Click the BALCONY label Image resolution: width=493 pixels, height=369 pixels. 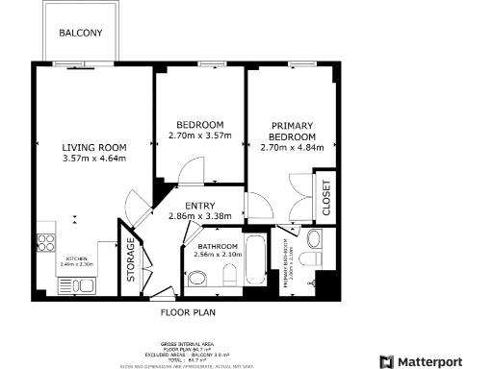click(x=81, y=33)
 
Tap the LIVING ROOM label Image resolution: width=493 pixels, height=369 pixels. click(x=93, y=145)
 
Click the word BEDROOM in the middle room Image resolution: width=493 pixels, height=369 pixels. click(x=200, y=125)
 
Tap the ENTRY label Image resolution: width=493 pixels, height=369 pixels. click(x=200, y=206)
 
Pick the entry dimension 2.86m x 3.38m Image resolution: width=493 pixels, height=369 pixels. click(x=200, y=216)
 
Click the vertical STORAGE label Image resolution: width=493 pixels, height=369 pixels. click(x=132, y=260)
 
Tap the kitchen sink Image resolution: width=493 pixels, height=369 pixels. click(x=73, y=285)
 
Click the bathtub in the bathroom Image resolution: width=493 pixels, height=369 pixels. click(x=256, y=259)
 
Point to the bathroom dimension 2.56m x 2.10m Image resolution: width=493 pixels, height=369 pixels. click(x=219, y=255)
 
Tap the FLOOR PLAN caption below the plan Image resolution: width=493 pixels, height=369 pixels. click(x=188, y=312)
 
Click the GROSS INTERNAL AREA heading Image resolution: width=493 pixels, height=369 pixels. click(x=188, y=342)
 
